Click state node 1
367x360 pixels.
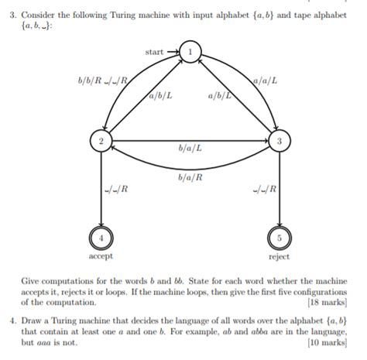pos(189,51)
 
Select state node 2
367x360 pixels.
pos(100,141)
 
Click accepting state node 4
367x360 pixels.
pos(100,236)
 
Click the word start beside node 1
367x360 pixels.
pos(154,51)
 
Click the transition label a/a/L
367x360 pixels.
pos(266,80)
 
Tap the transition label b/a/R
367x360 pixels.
pos(189,177)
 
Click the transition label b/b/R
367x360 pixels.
pos(91,80)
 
